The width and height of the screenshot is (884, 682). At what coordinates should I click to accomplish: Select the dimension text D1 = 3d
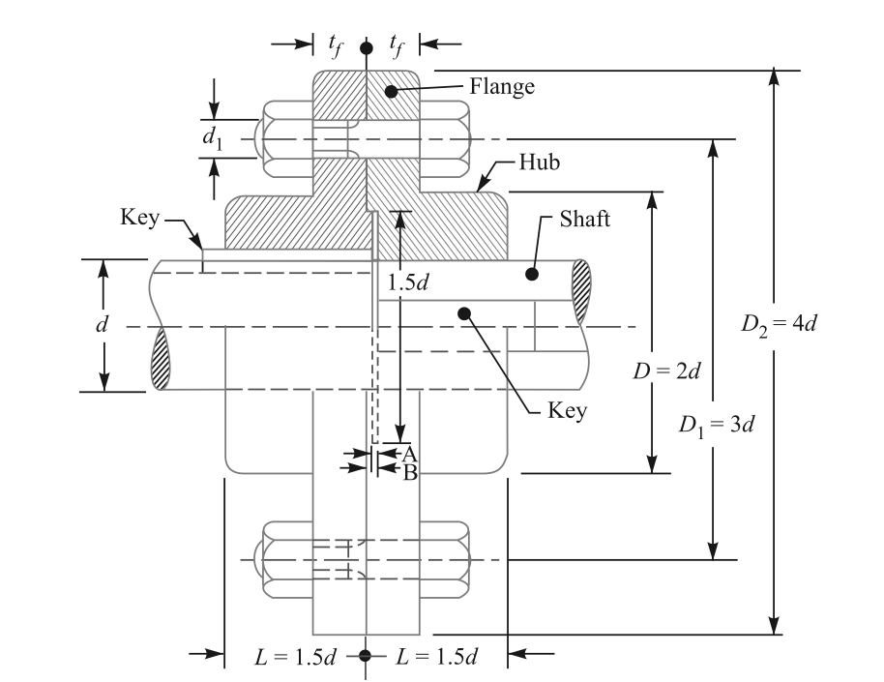pyautogui.click(x=714, y=426)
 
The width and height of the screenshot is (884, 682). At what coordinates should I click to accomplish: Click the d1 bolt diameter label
pyautogui.click(x=212, y=137)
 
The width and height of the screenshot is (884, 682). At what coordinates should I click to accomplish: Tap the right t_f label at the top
pyautogui.click(x=396, y=44)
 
